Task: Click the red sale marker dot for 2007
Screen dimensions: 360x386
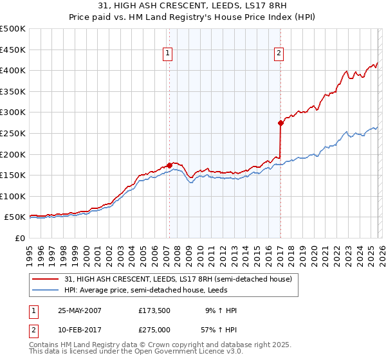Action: point(169,165)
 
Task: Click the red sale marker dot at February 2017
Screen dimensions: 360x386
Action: point(280,123)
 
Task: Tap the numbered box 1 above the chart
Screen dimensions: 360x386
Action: point(167,54)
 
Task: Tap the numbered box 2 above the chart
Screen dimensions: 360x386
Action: point(279,54)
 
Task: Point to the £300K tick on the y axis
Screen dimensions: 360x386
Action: point(13,113)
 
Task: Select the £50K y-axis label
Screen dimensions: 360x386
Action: point(15,217)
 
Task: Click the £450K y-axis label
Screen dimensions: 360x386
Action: point(13,50)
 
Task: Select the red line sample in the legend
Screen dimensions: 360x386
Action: point(46,280)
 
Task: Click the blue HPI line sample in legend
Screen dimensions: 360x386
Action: point(46,290)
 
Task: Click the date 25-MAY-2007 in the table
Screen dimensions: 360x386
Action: point(80,310)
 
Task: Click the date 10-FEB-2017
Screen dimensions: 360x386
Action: point(80,330)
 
